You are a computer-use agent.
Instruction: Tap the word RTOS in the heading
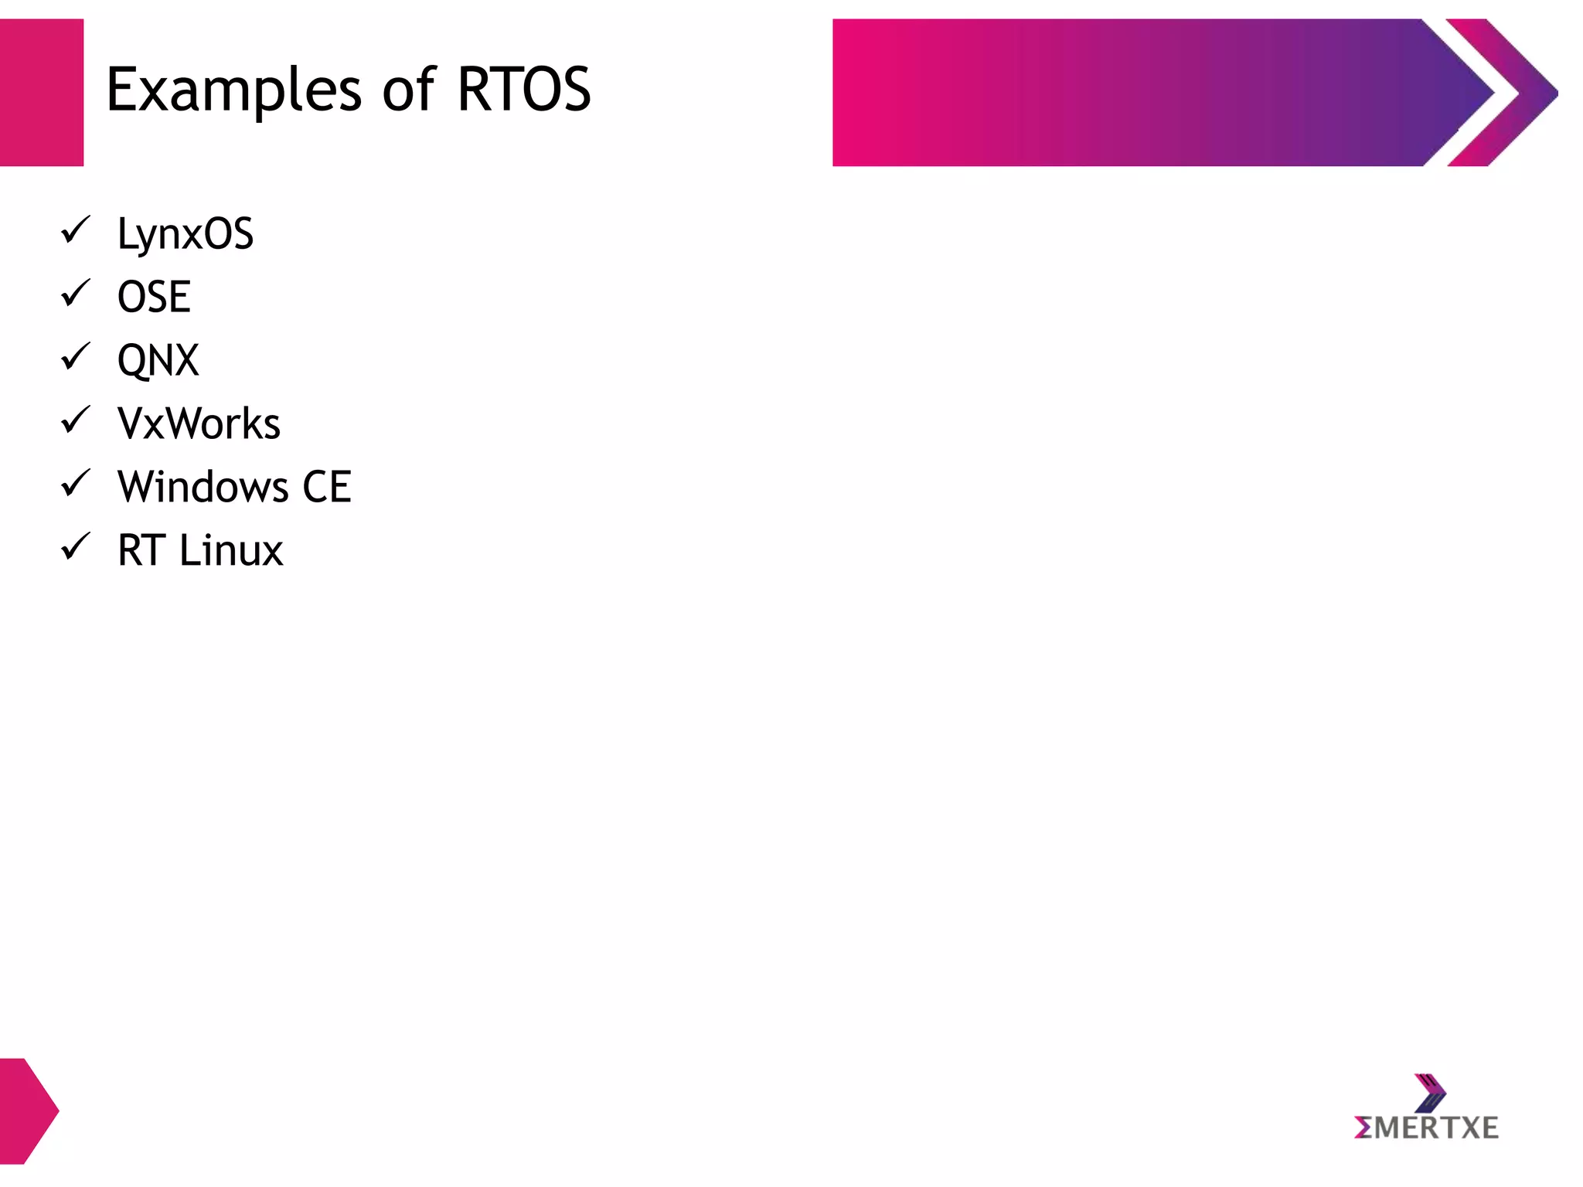(x=523, y=90)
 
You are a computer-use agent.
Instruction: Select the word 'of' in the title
(x=409, y=90)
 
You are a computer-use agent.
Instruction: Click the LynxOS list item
(x=185, y=233)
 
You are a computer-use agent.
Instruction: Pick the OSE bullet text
(x=154, y=297)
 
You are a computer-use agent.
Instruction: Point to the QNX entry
(x=158, y=360)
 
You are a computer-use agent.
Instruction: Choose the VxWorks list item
(x=199, y=423)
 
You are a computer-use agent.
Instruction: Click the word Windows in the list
(x=203, y=487)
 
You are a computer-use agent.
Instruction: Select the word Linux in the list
(x=231, y=550)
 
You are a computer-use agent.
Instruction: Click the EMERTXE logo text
(x=1426, y=1128)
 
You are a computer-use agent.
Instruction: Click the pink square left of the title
(x=41, y=92)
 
